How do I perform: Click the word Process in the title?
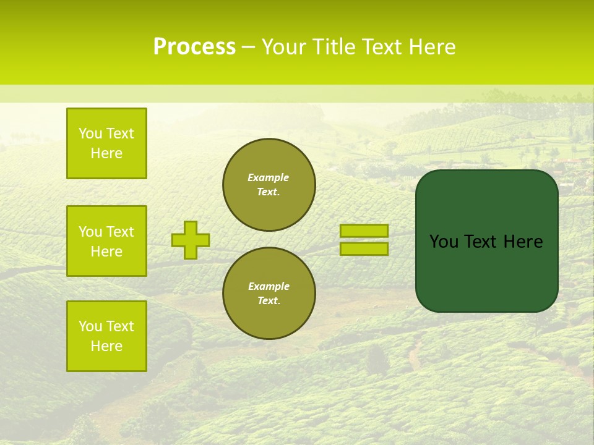tap(194, 47)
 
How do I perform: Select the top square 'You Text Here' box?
tap(106, 143)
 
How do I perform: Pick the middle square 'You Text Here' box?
tap(106, 241)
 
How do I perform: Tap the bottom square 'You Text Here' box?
tap(106, 336)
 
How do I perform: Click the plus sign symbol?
tap(191, 240)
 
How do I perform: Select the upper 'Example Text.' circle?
tap(269, 184)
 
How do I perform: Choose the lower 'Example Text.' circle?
tap(269, 293)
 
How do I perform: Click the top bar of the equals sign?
tap(364, 231)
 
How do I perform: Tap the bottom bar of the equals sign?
tap(364, 248)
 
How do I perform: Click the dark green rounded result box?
tap(486, 272)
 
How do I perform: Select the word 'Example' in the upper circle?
tap(269, 177)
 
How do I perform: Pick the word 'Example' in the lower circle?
tap(269, 286)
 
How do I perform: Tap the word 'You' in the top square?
tap(90, 133)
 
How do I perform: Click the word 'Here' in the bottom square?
tap(106, 346)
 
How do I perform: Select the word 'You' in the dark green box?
tap(444, 242)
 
